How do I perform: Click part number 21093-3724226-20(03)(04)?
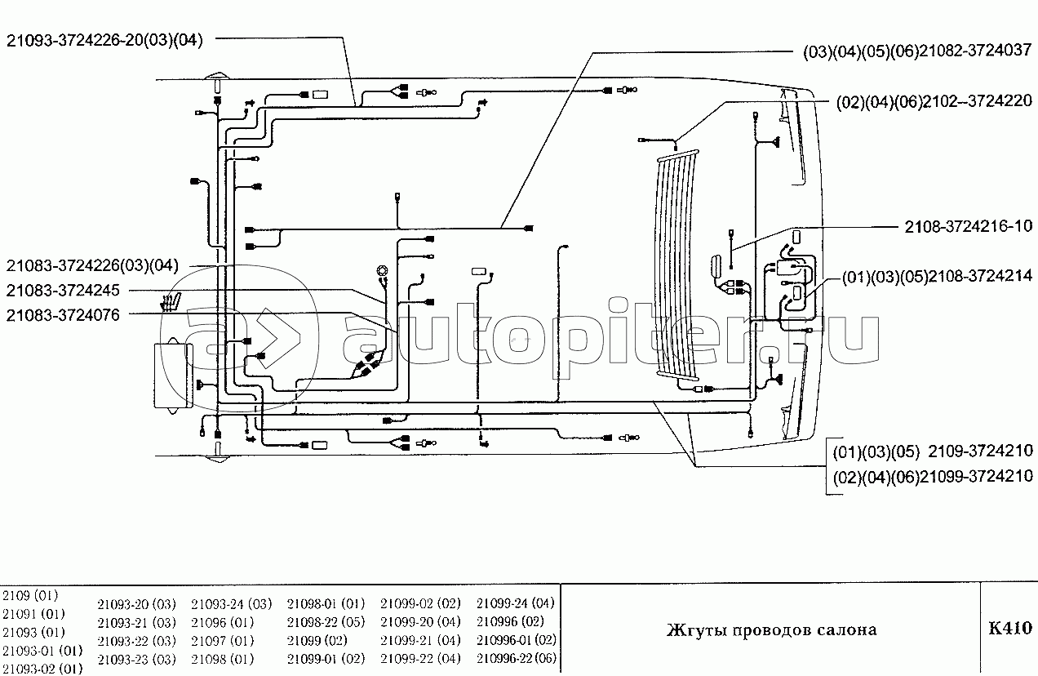click(104, 41)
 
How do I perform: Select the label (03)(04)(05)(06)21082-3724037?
click(917, 51)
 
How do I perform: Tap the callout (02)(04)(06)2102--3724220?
click(934, 101)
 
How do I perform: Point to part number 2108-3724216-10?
click(969, 226)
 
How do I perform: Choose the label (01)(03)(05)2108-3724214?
click(937, 276)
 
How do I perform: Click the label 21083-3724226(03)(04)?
click(92, 265)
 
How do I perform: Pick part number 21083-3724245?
click(63, 291)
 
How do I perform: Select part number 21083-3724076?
click(63, 315)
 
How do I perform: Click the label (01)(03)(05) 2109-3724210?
click(933, 451)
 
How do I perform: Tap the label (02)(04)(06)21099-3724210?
click(933, 477)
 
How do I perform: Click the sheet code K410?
click(1010, 629)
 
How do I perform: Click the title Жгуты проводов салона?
click(771, 629)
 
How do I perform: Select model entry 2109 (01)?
click(30, 595)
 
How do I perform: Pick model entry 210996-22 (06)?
click(517, 658)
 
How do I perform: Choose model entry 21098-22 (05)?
click(326, 622)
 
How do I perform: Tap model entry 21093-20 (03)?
click(137, 604)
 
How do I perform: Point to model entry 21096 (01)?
click(223, 622)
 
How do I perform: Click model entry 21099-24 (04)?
click(515, 603)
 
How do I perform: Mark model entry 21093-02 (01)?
click(42, 669)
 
